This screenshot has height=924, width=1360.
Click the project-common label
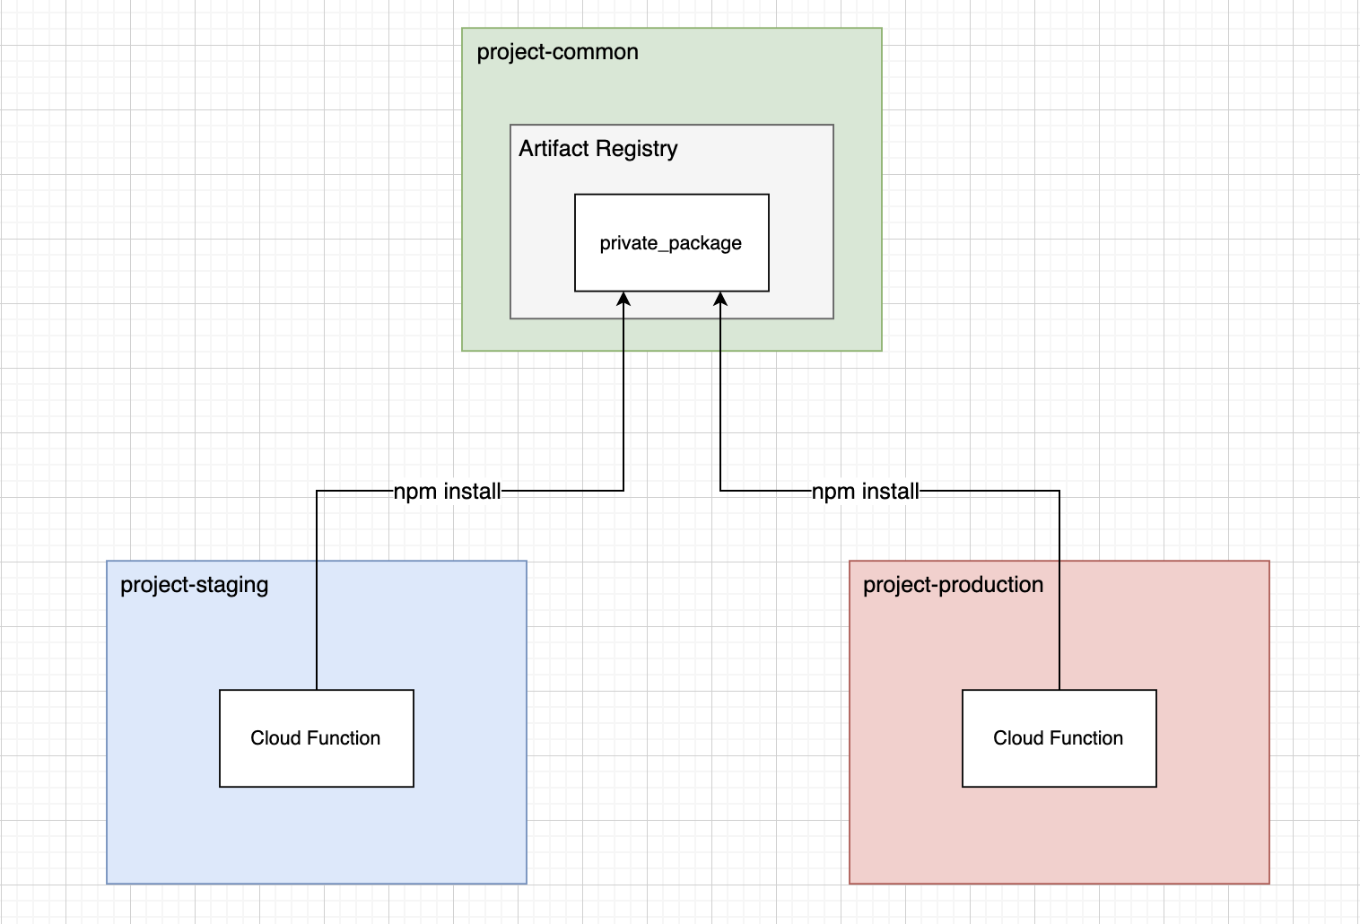(x=557, y=52)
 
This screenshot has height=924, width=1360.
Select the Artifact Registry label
(x=597, y=148)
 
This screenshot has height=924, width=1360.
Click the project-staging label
(x=194, y=585)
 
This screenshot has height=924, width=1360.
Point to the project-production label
(x=953, y=585)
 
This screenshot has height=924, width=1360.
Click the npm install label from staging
(x=447, y=492)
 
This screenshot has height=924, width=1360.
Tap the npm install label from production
(x=865, y=492)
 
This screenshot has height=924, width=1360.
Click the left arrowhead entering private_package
(x=623, y=299)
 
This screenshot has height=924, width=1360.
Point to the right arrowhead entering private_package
(x=720, y=299)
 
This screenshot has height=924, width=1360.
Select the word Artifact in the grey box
(x=554, y=148)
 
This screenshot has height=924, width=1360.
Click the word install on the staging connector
(x=472, y=492)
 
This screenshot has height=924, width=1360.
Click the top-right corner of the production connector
(x=1059, y=491)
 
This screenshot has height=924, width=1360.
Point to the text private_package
(x=671, y=243)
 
